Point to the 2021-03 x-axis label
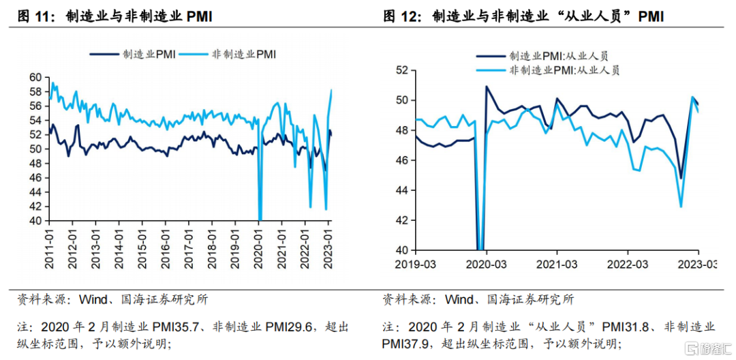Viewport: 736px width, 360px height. [x=557, y=262]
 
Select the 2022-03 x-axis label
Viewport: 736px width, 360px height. [x=628, y=262]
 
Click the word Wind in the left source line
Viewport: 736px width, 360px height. [x=92, y=300]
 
